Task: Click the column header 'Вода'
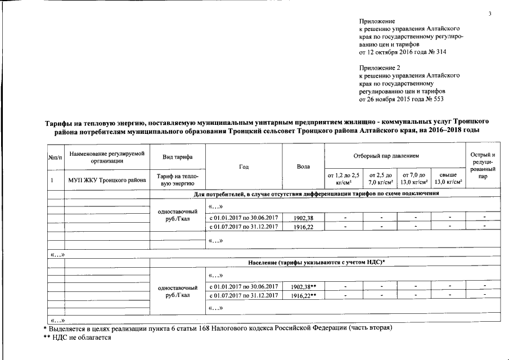(303, 166)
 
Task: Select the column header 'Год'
(244, 166)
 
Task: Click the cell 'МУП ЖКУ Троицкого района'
(106, 180)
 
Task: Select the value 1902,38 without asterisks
(303, 217)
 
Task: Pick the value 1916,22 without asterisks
(303, 226)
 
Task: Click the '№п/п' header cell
(55, 156)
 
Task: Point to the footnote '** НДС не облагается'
(77, 337)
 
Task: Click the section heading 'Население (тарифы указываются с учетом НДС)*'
(316, 263)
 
